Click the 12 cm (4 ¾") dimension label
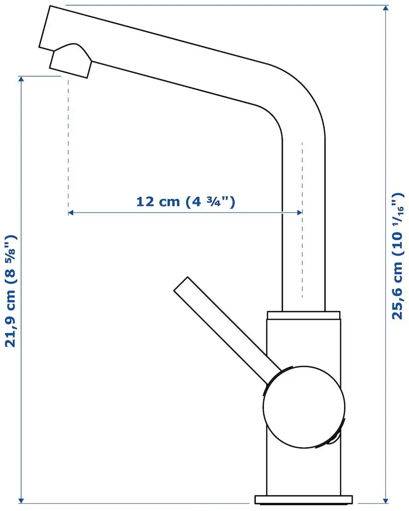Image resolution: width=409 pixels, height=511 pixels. pos(185,202)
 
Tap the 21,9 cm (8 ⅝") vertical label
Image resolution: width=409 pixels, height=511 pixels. pos(11,291)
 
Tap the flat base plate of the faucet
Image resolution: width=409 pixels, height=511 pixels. pos(304,499)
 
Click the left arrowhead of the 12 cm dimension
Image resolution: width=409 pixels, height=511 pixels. pos(71,213)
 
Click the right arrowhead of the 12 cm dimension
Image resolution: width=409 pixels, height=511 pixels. pos(299,213)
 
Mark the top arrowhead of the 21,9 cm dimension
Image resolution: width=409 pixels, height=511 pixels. pos(21,79)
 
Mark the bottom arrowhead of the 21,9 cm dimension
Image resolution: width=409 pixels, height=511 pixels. pos(21,501)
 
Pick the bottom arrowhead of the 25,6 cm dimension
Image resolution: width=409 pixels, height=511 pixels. pos(388,501)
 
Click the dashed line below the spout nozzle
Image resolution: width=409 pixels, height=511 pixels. pos(69,142)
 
